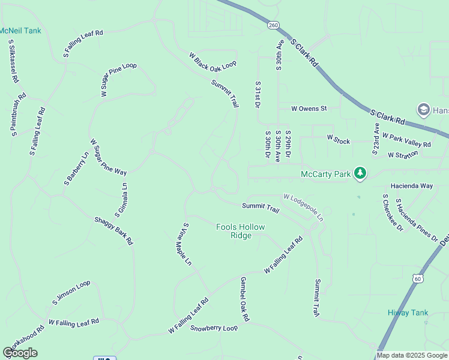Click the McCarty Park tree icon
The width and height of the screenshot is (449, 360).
click(x=360, y=174)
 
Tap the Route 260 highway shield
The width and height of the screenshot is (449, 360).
click(x=274, y=25)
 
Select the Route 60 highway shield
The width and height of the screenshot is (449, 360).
click(x=418, y=278)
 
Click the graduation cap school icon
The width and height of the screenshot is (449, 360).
click(x=423, y=109)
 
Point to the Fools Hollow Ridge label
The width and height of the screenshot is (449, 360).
click(x=241, y=231)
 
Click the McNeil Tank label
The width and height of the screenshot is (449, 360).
click(x=20, y=31)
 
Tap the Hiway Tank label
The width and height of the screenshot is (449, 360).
click(x=408, y=313)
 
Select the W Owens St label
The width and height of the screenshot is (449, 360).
click(x=309, y=109)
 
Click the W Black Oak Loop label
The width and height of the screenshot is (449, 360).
click(x=213, y=60)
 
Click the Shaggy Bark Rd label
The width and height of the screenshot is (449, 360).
click(x=113, y=230)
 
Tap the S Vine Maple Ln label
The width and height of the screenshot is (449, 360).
click(x=184, y=244)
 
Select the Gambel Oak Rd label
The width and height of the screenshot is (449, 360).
click(x=244, y=298)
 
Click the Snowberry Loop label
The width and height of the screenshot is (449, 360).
click(x=214, y=328)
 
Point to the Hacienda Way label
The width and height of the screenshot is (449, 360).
click(x=411, y=186)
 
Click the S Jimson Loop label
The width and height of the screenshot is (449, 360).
click(x=73, y=291)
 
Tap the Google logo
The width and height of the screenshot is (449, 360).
click(x=20, y=353)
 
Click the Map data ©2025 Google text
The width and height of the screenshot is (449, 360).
click(x=412, y=355)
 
